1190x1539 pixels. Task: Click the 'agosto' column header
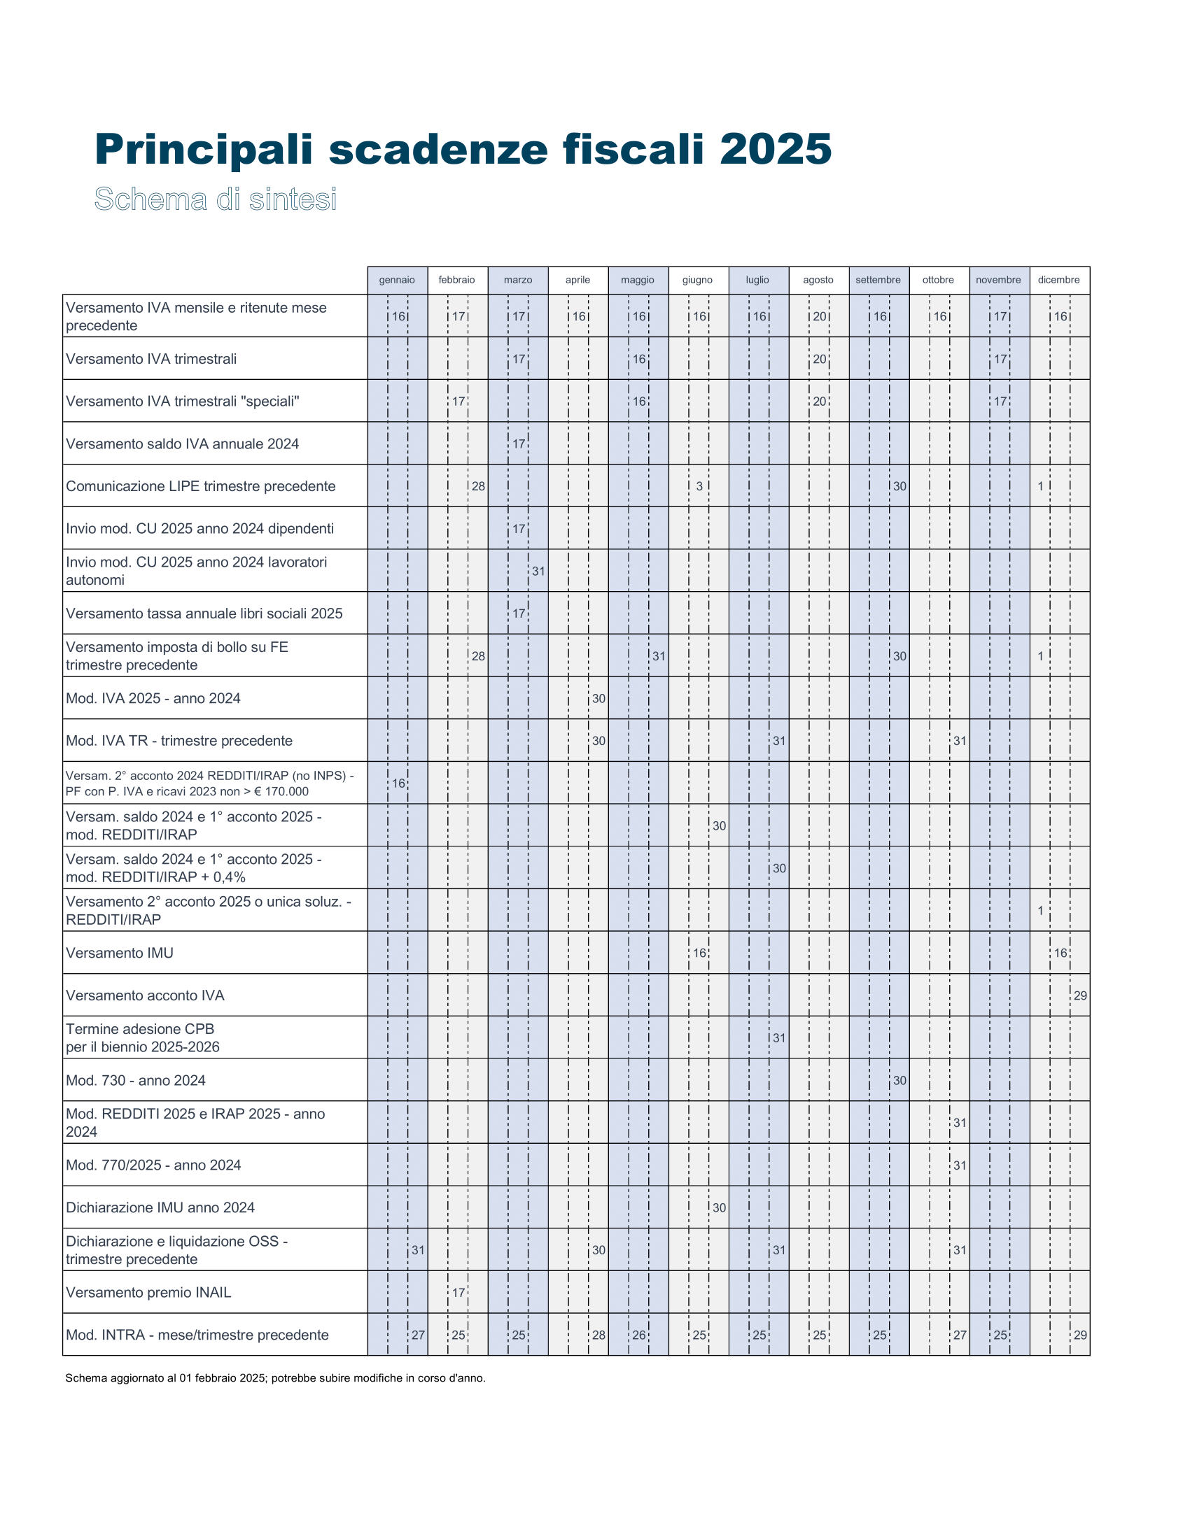pyautogui.click(x=818, y=280)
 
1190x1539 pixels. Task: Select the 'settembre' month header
pyautogui.click(x=878, y=280)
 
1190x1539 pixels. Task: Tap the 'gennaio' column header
pyautogui.click(x=397, y=280)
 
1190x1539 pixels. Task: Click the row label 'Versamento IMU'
pyautogui.click(x=120, y=953)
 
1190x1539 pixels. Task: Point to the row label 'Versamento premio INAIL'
pyautogui.click(x=148, y=1292)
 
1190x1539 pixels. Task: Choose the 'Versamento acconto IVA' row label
pyautogui.click(x=145, y=995)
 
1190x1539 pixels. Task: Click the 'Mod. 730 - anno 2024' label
pyautogui.click(x=136, y=1080)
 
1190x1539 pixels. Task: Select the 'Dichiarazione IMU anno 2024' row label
pyautogui.click(x=160, y=1207)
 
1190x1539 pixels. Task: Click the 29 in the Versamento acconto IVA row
pyautogui.click(x=1080, y=995)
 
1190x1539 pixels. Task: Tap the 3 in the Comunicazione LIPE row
pyautogui.click(x=699, y=486)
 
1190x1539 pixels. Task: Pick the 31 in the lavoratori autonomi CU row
pyautogui.click(x=538, y=572)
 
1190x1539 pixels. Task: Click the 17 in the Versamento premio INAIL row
pyautogui.click(x=458, y=1293)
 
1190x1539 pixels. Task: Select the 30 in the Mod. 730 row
pyautogui.click(x=899, y=1081)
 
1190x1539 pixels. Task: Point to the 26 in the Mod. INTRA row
pyautogui.click(x=638, y=1335)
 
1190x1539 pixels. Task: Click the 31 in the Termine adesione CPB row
pyautogui.click(x=779, y=1038)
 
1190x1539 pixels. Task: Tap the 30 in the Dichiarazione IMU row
pyautogui.click(x=719, y=1208)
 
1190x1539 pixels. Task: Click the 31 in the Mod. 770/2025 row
pyautogui.click(x=960, y=1165)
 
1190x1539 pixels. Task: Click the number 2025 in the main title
pyautogui.click(x=776, y=150)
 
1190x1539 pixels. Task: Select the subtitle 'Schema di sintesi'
pyautogui.click(x=216, y=199)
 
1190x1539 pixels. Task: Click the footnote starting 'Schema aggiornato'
pyautogui.click(x=275, y=1378)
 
